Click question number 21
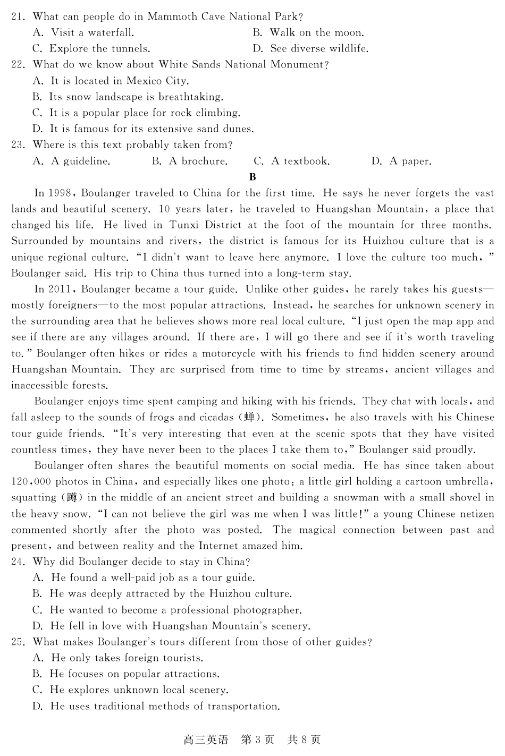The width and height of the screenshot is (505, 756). (x=18, y=17)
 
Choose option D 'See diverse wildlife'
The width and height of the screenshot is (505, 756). (x=310, y=49)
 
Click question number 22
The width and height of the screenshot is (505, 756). (x=18, y=65)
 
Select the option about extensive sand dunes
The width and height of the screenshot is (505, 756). (x=144, y=129)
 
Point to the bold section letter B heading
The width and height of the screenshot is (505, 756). (x=252, y=177)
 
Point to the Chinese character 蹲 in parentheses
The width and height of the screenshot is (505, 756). (x=72, y=498)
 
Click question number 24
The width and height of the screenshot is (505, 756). (x=18, y=562)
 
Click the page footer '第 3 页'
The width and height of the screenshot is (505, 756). (x=258, y=740)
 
